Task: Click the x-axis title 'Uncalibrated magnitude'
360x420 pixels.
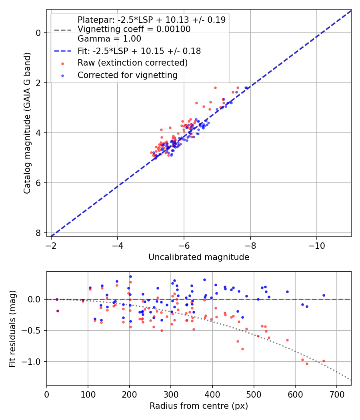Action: (x=199, y=257)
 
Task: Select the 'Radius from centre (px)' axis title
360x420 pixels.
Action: (x=199, y=406)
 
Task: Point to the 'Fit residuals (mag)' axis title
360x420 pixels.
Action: (x=12, y=328)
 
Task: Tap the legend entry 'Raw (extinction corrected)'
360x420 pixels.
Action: (x=132, y=63)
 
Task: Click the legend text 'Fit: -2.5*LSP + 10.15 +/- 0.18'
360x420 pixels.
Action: (x=139, y=51)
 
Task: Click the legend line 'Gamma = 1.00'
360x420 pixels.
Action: (x=109, y=39)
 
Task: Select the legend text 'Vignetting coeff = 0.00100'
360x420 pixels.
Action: (x=134, y=29)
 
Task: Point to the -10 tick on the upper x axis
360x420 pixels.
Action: (x=317, y=243)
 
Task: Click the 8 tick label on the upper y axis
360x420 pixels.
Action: (x=38, y=233)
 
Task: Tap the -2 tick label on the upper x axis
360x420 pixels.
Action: (x=51, y=243)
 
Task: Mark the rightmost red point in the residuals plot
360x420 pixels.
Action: (x=324, y=361)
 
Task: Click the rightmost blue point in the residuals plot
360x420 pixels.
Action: (x=324, y=296)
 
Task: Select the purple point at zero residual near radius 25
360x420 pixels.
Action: (x=57, y=299)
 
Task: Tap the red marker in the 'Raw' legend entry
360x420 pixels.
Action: (x=62, y=63)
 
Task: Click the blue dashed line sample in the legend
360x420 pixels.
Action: (x=62, y=51)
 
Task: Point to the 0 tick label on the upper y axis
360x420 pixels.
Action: (x=38, y=32)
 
